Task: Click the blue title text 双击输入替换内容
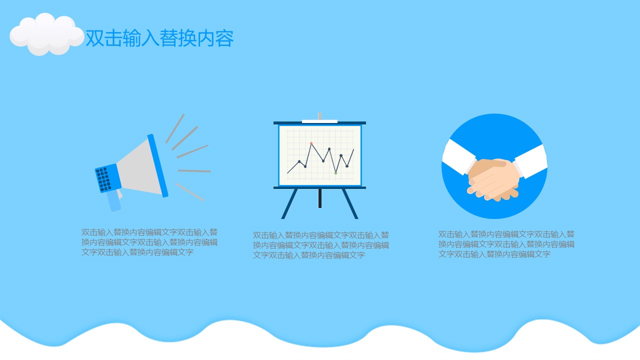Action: pyautogui.click(x=159, y=38)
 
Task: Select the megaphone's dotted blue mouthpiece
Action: pyautogui.click(x=106, y=178)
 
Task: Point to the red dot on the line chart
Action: pyautogui.click(x=311, y=143)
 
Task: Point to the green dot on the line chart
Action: pyautogui.click(x=335, y=173)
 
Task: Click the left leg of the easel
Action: pyautogui.click(x=289, y=203)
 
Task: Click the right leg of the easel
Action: pyautogui.click(x=350, y=203)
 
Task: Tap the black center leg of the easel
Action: pyautogui.click(x=319, y=198)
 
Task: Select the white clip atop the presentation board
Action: pyautogui.click(x=319, y=121)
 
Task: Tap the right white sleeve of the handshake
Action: pyautogui.click(x=531, y=161)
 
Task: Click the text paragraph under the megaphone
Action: pyautogui.click(x=149, y=242)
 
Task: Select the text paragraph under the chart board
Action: pyautogui.click(x=321, y=245)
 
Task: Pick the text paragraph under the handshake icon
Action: pyautogui.click(x=506, y=244)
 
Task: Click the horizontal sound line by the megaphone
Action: pyautogui.click(x=194, y=171)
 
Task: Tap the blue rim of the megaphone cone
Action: pyautogui.click(x=157, y=165)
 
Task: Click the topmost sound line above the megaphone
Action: pyautogui.click(x=175, y=128)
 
